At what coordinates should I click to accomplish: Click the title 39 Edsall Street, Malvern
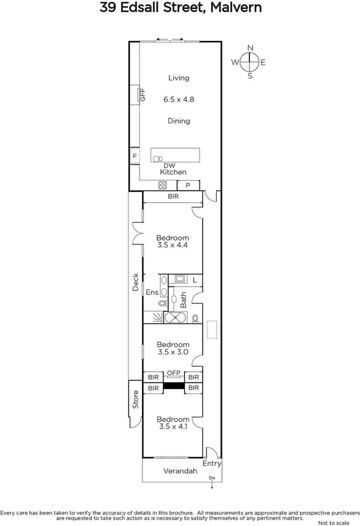(x=180, y=8)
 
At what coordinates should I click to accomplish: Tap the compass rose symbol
(x=250, y=61)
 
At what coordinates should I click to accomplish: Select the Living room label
(x=178, y=78)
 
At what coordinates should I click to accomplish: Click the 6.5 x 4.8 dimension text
(x=178, y=99)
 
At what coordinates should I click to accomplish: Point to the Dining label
(x=178, y=121)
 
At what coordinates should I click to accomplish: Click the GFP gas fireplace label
(x=143, y=95)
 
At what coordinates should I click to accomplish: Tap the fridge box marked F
(x=135, y=156)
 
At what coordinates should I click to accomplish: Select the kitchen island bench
(x=175, y=155)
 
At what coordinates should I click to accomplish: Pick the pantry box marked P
(x=188, y=186)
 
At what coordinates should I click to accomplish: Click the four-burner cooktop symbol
(x=163, y=186)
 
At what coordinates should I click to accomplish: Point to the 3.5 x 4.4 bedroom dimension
(x=173, y=245)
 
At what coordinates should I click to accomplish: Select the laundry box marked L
(x=194, y=280)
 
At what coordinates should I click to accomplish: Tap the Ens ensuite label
(x=152, y=292)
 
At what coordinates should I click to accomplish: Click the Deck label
(x=136, y=282)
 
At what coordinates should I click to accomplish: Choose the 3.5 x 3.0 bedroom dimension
(x=173, y=351)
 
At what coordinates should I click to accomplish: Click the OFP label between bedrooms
(x=173, y=373)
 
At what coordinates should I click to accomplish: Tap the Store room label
(x=136, y=399)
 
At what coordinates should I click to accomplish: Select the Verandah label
(x=180, y=472)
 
